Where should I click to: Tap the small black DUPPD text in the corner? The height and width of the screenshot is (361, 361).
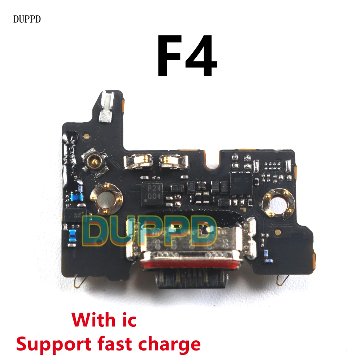[x=27, y=19]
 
